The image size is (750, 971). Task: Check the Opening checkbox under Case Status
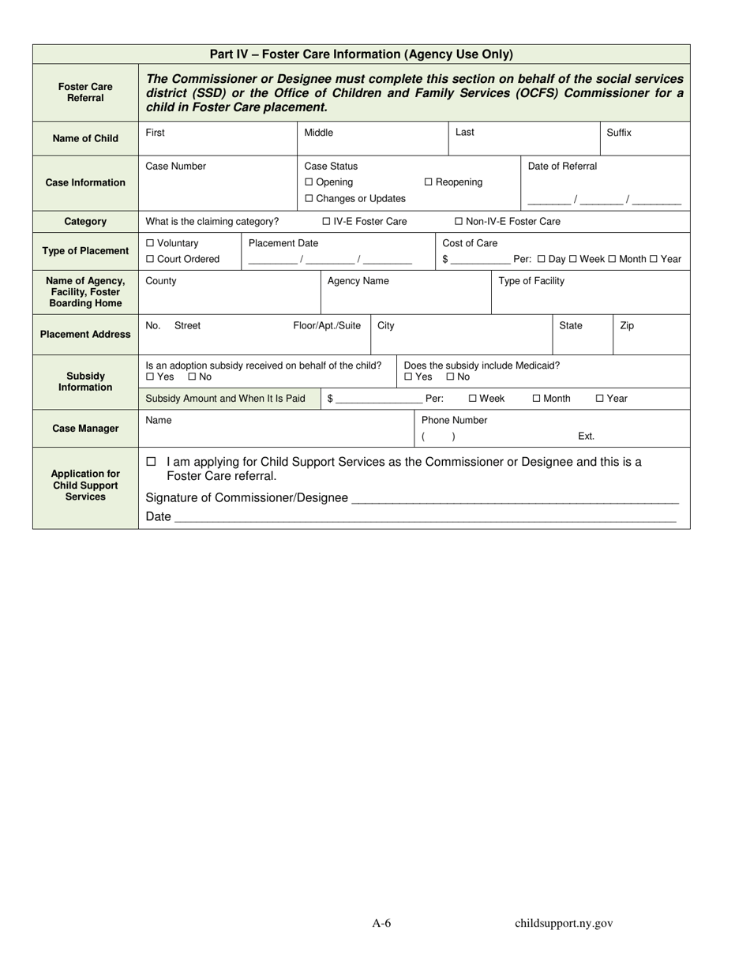click(x=309, y=182)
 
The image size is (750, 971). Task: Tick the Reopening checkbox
click(x=429, y=182)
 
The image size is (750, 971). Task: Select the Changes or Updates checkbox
click(x=309, y=199)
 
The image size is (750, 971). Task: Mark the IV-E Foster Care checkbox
click(x=327, y=222)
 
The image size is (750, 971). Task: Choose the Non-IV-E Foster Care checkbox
click(x=459, y=222)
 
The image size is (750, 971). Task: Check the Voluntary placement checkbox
click(x=150, y=243)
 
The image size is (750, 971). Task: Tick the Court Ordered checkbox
click(x=150, y=259)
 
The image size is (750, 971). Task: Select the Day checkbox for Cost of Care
click(x=542, y=259)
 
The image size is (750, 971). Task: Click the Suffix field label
click(x=619, y=133)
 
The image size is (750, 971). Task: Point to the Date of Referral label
click(x=562, y=167)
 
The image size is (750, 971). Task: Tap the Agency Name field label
click(x=358, y=281)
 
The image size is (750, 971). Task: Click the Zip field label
click(x=627, y=325)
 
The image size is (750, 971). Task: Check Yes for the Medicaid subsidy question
click(x=408, y=377)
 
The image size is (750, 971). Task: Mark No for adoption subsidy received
click(x=192, y=377)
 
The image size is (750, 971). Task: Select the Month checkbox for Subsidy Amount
click(x=537, y=399)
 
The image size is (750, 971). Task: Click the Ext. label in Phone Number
click(x=586, y=437)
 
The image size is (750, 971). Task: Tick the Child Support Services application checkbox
click(x=151, y=462)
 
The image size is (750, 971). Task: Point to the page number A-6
click(x=382, y=924)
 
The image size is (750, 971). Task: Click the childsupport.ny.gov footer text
click(x=564, y=924)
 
